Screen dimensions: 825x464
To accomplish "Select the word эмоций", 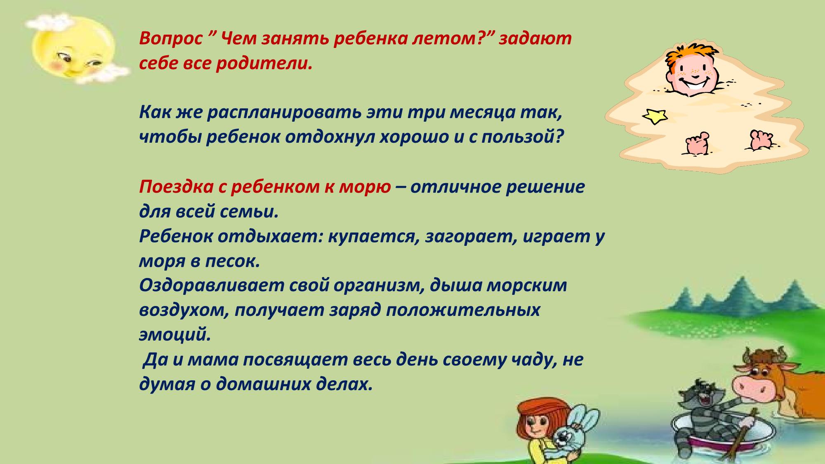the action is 175,335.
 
